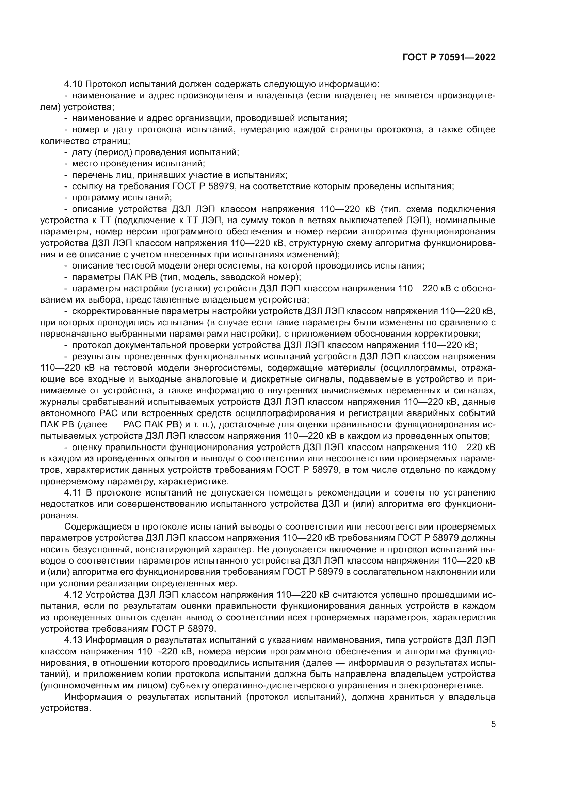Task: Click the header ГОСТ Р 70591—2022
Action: click(449, 58)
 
